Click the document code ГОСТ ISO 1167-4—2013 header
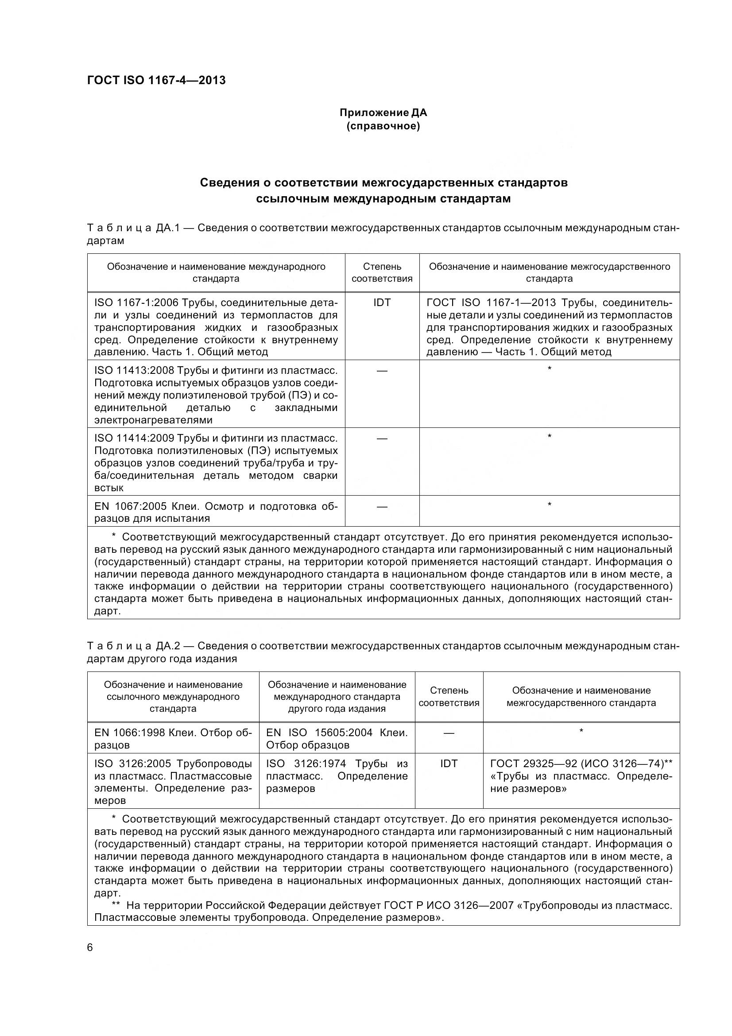(156, 80)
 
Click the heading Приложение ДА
(383, 113)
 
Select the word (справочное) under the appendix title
(383, 126)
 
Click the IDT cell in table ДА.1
(382, 303)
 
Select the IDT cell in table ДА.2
(449, 764)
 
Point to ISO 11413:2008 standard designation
(134, 371)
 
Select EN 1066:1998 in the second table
(129, 733)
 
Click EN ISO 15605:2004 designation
(319, 733)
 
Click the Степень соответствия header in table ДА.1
(382, 272)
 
